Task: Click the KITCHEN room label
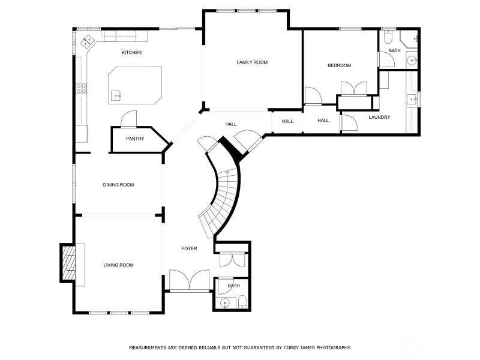point(131,53)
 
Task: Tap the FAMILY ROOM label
point(252,62)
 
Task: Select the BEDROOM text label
point(339,65)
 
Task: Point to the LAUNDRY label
point(379,117)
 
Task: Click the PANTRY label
point(135,139)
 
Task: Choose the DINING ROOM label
point(118,185)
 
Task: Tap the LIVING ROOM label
point(118,265)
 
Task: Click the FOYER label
point(189,248)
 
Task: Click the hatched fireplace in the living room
point(68,263)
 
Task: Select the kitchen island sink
point(116,95)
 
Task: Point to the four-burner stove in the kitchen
point(82,88)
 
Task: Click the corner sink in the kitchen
point(87,41)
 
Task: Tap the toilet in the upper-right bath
point(388,36)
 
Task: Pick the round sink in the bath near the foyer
point(226,303)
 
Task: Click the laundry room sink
point(412,99)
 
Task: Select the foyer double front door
point(190,280)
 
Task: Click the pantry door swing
point(128,119)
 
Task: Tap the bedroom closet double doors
point(354,88)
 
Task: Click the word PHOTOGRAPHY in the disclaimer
point(334,348)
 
